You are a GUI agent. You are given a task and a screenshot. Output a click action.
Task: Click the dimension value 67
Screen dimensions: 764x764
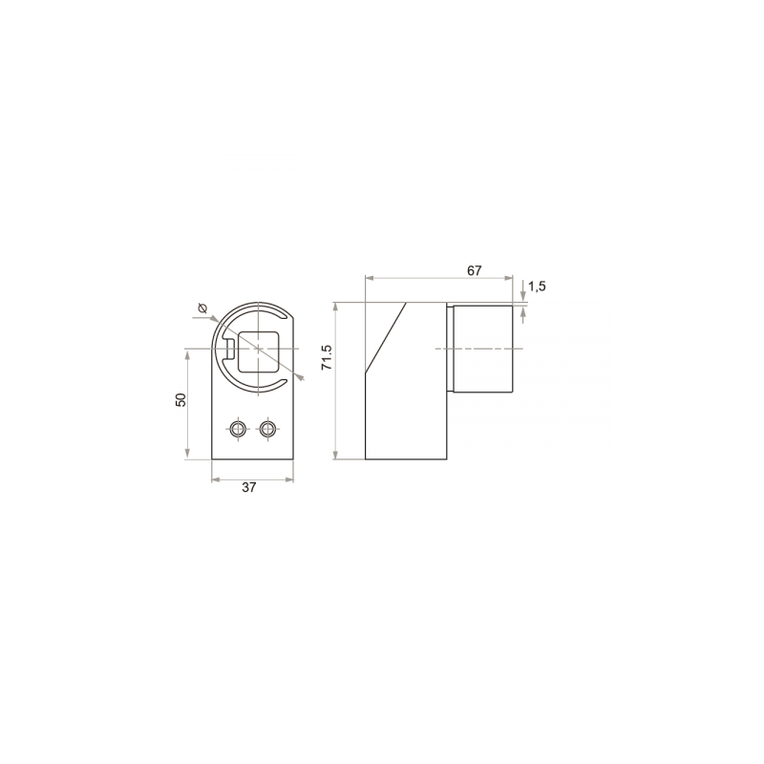474,270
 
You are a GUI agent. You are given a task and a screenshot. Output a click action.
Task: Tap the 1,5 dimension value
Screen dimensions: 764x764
537,286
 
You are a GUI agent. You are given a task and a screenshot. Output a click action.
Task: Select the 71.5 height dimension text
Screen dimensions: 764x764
327,357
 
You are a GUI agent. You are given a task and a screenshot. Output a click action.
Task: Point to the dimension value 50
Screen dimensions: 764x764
180,399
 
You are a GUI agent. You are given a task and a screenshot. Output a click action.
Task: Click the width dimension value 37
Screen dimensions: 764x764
249,487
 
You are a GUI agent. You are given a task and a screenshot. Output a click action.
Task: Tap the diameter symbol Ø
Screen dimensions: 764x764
202,308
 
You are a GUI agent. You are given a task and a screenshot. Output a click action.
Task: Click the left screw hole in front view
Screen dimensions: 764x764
238,429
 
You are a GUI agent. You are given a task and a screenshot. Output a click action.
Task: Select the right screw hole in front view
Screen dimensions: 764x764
267,429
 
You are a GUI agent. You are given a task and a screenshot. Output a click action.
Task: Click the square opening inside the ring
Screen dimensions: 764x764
258,351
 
